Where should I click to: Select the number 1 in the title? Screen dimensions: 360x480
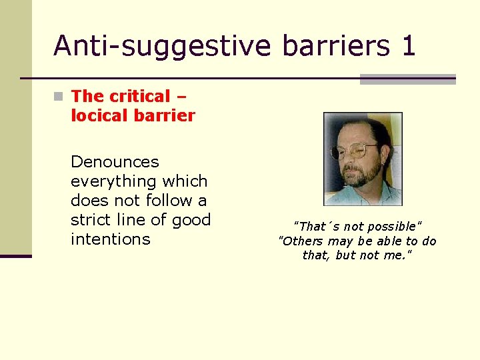[x=408, y=46]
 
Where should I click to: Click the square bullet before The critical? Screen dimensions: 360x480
[x=60, y=97]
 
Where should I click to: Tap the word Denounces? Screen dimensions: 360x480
[x=115, y=162]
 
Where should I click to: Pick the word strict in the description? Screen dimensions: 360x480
[x=92, y=220]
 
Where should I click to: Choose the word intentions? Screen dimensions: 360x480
[x=110, y=239]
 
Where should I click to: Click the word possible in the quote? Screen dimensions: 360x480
[x=393, y=227]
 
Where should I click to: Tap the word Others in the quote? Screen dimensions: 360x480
[x=303, y=241]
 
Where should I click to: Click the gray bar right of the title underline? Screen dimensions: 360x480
[x=407, y=79]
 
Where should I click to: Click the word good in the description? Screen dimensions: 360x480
[x=191, y=220]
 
